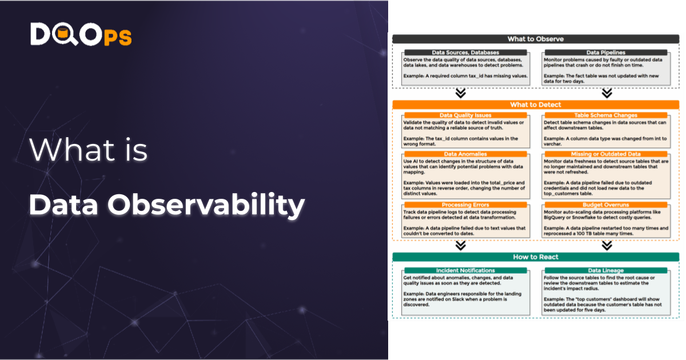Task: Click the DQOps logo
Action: coord(81,35)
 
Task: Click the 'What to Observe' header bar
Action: coord(535,39)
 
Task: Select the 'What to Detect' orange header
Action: coord(535,105)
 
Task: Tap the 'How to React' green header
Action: coord(535,257)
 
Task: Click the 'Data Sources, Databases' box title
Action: coord(465,53)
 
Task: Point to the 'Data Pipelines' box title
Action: coord(605,53)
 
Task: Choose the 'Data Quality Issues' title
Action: coord(465,115)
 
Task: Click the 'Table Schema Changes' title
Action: coord(605,115)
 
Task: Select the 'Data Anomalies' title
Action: coord(465,154)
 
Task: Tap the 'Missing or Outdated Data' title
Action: coord(605,154)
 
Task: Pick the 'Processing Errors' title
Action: coord(465,205)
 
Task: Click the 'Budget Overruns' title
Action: coord(605,205)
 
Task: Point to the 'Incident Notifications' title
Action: coord(465,270)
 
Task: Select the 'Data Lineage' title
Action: coord(605,270)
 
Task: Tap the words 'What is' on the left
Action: coord(89,150)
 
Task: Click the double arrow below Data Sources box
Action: coord(460,93)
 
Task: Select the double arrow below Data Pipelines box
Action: coord(607,93)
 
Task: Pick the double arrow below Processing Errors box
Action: coord(460,246)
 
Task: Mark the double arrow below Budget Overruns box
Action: coord(607,246)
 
